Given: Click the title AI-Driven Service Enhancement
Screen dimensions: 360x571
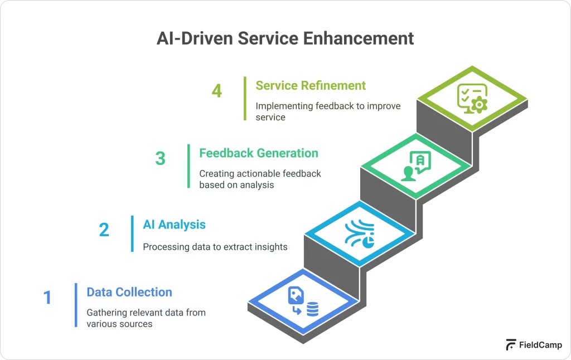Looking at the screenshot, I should click(x=285, y=38).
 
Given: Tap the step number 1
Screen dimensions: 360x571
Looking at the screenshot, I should click(x=47, y=298).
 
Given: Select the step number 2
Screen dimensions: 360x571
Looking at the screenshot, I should click(x=104, y=230).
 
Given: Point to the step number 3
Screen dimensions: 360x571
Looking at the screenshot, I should click(x=161, y=159).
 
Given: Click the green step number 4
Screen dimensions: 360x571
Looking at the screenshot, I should click(x=217, y=91).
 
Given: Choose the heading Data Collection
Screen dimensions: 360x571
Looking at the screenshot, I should click(x=129, y=292).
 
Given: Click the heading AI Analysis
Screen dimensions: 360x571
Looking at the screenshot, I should click(x=174, y=225).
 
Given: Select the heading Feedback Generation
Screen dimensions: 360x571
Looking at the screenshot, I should click(x=259, y=153).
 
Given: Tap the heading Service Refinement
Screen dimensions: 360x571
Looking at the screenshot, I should click(x=311, y=85).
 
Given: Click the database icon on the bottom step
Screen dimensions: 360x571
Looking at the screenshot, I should click(x=312, y=309).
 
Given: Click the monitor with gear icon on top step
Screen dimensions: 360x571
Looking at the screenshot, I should click(x=472, y=99).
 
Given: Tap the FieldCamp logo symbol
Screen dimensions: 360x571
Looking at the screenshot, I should click(x=511, y=345).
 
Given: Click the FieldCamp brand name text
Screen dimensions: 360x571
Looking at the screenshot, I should click(x=541, y=345).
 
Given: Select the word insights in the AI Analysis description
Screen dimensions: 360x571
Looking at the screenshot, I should click(x=269, y=246).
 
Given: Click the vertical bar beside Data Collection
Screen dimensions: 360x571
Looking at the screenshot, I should click(x=76, y=304).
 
